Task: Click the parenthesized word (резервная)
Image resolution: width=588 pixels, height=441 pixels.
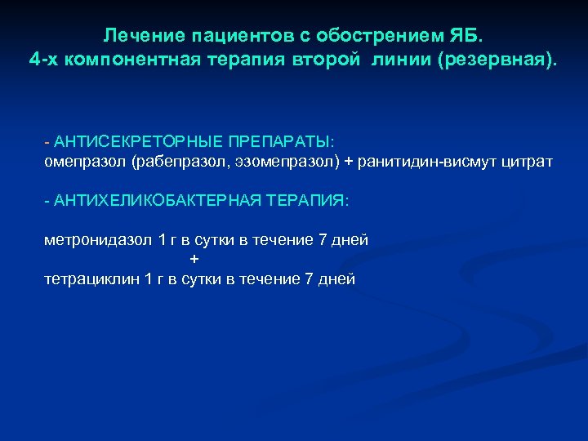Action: (x=498, y=61)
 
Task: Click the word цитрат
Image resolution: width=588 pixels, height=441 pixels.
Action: (x=527, y=162)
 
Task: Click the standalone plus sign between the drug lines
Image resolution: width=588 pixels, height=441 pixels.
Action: (x=194, y=259)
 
